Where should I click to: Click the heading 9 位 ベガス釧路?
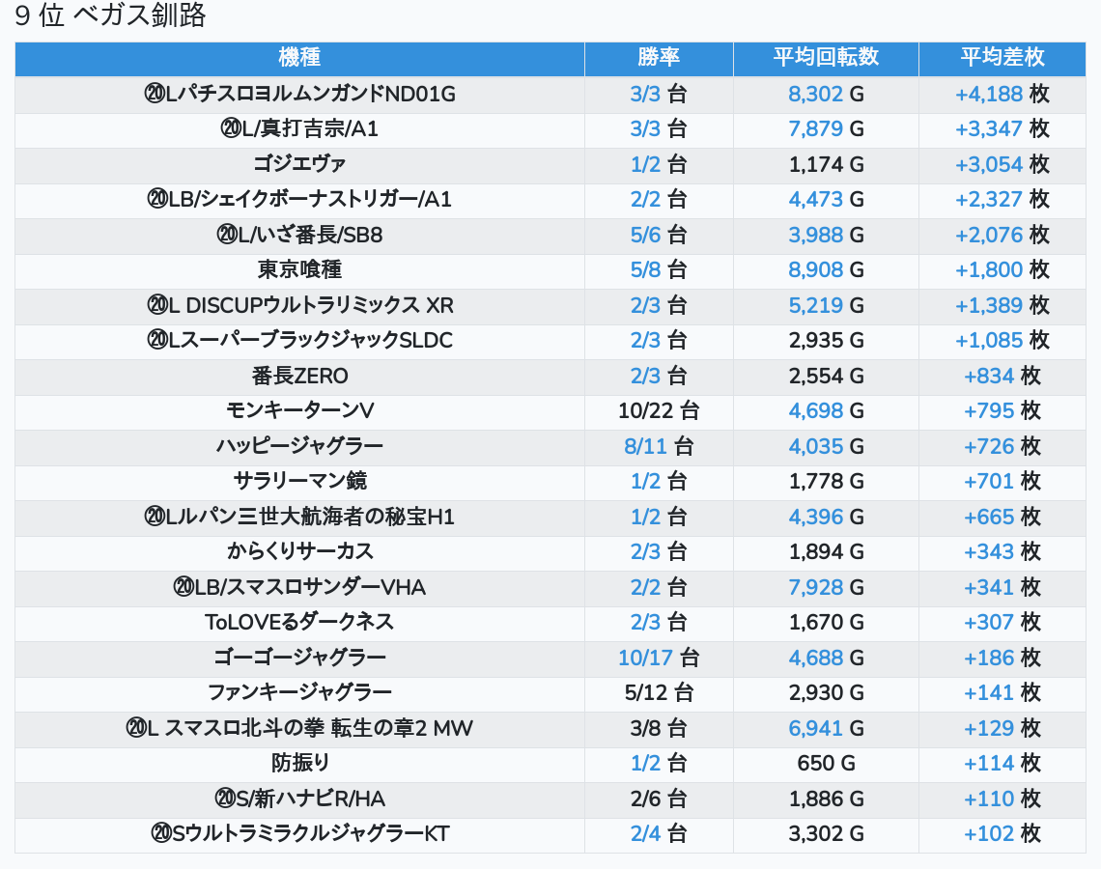pyautogui.click(x=111, y=16)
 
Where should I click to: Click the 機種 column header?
pyautogui.click(x=299, y=58)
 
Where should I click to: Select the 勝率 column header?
pyautogui.click(x=659, y=58)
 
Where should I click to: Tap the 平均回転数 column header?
pyautogui.click(x=826, y=58)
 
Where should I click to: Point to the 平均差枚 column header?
pyautogui.click(x=1002, y=58)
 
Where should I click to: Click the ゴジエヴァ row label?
pyautogui.click(x=299, y=164)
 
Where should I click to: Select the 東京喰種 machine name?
pyautogui.click(x=299, y=269)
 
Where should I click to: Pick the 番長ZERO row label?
pyautogui.click(x=299, y=376)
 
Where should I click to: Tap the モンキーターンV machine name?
pyautogui.click(x=299, y=410)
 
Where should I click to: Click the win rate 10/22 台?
pyautogui.click(x=659, y=410)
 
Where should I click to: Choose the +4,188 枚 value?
pyautogui.click(x=1002, y=94)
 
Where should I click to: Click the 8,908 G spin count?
pyautogui.click(x=826, y=269)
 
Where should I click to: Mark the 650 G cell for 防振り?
pyautogui.click(x=826, y=763)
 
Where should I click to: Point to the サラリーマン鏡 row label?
pyautogui.click(x=299, y=481)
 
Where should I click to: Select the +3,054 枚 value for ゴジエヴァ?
pyautogui.click(x=1002, y=164)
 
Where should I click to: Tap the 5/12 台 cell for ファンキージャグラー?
pyautogui.click(x=659, y=692)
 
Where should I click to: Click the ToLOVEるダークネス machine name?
pyautogui.click(x=299, y=622)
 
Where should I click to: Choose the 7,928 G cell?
pyautogui.click(x=826, y=587)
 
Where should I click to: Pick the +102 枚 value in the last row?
pyautogui.click(x=1002, y=833)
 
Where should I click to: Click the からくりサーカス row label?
pyautogui.click(x=299, y=551)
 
